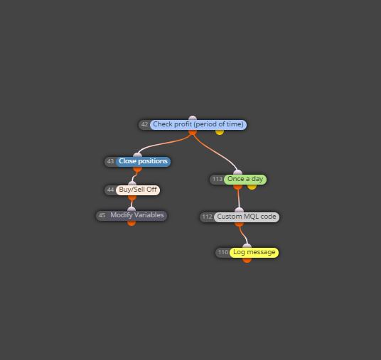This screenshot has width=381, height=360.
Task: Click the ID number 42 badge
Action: (144, 124)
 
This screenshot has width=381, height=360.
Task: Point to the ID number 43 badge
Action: (111, 162)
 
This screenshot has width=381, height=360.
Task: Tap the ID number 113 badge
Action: (218, 180)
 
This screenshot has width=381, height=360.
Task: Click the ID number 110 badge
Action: (223, 253)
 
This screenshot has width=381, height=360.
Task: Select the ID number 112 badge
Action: (208, 217)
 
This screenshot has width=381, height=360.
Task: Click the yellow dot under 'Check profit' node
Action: (220, 132)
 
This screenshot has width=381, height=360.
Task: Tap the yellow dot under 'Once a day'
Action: (252, 187)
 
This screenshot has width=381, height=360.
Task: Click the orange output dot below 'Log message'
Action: (247, 260)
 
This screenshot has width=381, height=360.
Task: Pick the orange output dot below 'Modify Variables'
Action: (132, 223)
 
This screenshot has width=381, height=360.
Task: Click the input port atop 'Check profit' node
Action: (193, 118)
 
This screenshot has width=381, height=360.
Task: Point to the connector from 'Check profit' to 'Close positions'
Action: (165, 143)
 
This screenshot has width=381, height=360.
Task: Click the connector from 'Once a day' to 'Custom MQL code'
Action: (239, 199)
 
